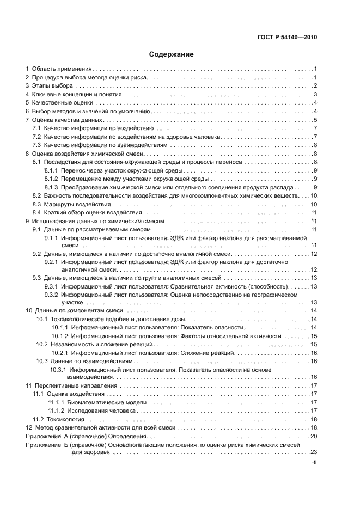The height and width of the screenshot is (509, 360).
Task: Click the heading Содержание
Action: (x=172, y=54)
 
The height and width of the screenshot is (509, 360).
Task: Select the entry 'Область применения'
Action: (x=61, y=69)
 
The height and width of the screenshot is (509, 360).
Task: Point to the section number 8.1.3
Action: (x=51, y=187)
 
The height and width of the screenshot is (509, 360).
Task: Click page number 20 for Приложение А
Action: (x=314, y=436)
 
